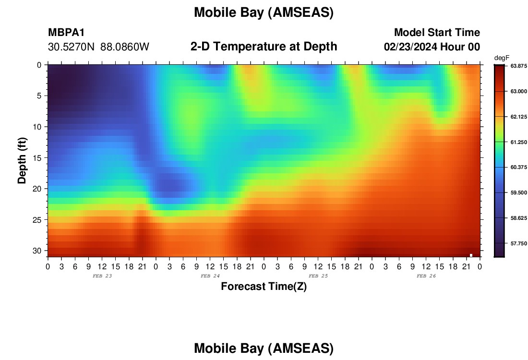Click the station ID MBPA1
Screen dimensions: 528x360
(66, 32)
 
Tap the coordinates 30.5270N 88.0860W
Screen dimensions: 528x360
(98, 47)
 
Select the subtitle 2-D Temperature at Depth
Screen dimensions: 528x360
(264, 47)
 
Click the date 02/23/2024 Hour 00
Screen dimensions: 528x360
(432, 47)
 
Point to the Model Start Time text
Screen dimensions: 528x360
(437, 32)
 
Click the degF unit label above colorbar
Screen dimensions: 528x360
(502, 58)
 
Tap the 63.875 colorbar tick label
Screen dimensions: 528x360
(518, 66)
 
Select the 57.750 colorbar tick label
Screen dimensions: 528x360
(518, 243)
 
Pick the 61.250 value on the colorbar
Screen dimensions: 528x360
(518, 142)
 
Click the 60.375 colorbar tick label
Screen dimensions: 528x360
(518, 168)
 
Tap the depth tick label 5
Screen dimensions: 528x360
(39, 96)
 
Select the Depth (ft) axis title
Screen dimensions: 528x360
(22, 160)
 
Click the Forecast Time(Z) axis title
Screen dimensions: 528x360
(264, 286)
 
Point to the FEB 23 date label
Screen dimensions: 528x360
(102, 276)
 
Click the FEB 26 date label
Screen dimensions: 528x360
(426, 276)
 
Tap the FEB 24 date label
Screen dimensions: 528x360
(210, 276)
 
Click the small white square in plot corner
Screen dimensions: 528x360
(471, 255)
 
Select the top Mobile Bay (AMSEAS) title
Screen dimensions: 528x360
(264, 12)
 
